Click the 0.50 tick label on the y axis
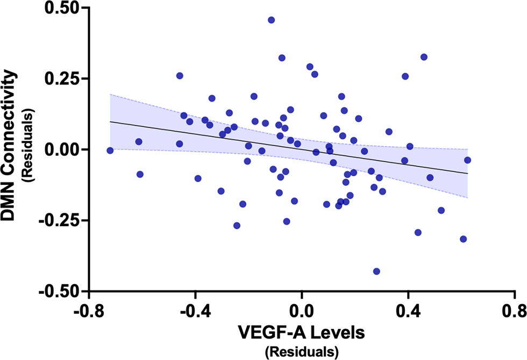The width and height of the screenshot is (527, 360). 59,9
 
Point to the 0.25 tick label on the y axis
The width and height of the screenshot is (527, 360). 59,79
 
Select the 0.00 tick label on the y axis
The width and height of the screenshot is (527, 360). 59,149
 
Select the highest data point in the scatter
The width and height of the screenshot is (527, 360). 272,20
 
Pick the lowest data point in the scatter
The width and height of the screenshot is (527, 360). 376,271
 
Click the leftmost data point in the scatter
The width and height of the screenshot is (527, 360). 110,150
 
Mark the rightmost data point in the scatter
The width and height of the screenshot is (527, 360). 467,160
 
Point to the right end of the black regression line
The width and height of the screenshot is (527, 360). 467,174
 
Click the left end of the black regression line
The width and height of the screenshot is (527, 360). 110,121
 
